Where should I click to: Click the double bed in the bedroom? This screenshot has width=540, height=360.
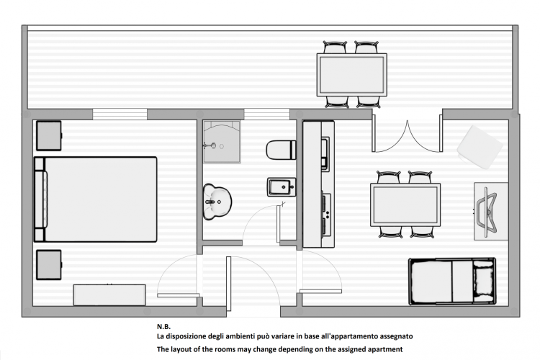95,199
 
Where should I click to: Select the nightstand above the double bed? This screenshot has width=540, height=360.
48,135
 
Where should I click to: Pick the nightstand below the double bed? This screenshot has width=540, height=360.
49,264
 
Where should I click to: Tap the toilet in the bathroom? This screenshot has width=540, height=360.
281,150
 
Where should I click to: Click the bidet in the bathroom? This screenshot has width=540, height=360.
282,186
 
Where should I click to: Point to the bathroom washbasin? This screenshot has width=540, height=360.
217,202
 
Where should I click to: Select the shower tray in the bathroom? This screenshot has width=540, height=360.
222,141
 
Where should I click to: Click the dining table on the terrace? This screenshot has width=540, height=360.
351,74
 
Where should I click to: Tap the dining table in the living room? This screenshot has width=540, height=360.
405,204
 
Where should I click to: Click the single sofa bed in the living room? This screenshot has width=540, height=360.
452,282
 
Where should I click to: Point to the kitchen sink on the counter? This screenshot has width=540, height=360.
325,153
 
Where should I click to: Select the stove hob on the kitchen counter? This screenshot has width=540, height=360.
326,215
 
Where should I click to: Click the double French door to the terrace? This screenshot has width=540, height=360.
407,134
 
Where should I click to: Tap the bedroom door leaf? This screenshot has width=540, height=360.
179,295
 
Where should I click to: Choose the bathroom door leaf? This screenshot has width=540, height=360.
278,224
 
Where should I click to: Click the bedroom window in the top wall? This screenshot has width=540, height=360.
120,114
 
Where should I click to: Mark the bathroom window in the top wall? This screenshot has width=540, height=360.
267,114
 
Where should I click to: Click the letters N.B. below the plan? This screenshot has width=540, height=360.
163,327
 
